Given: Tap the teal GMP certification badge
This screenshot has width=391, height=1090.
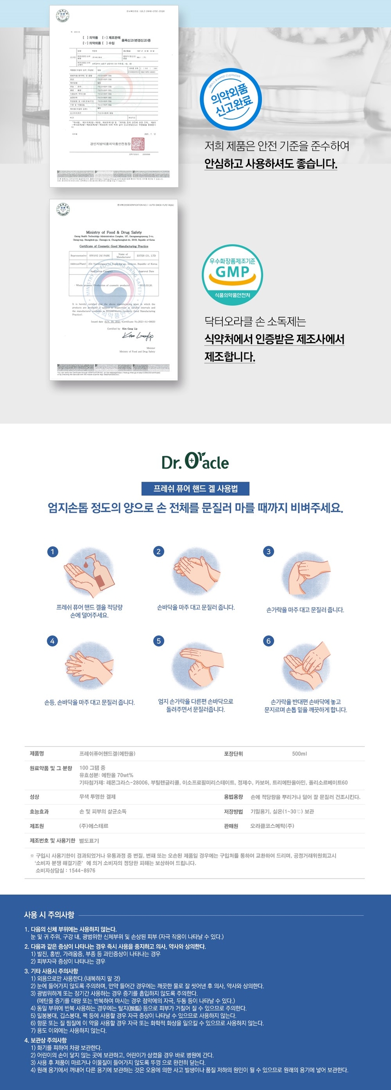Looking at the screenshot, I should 232,274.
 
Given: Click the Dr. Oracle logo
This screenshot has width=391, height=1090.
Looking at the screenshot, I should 195,462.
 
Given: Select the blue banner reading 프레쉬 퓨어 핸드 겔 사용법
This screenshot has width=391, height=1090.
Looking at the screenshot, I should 195,488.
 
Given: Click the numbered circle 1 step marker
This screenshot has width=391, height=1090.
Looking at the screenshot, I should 52,552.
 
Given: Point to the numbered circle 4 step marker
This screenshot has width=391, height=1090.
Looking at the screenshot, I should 52,641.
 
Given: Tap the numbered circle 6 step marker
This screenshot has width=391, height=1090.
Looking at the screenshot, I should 268,641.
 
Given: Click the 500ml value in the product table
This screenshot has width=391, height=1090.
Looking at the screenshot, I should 299,754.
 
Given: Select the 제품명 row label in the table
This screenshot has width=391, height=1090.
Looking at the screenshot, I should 37,754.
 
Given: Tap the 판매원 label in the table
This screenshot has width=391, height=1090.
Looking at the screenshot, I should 231,826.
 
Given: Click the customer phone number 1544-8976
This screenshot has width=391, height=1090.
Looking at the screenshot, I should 81,871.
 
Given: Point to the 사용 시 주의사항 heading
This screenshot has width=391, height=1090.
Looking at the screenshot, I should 49,915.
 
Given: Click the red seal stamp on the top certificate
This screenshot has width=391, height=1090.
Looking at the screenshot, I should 138,144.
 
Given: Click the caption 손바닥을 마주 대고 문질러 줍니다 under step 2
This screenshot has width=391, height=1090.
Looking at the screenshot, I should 195,607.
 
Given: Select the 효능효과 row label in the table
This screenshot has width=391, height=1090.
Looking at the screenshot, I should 39,811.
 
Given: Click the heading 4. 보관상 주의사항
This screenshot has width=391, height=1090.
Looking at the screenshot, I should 45,1040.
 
